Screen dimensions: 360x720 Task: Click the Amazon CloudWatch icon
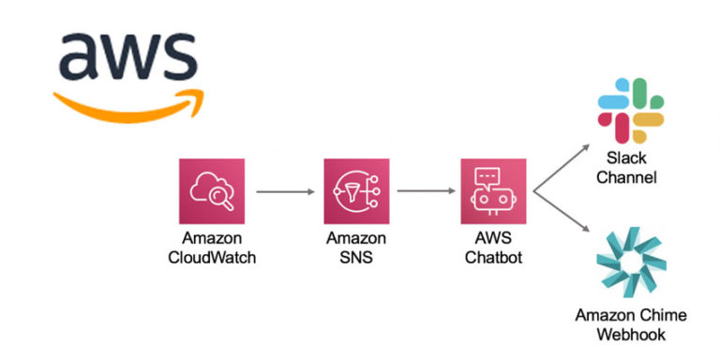tap(211, 191)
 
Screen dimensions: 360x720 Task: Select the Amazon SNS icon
tap(355, 191)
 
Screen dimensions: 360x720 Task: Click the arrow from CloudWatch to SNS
tap(283, 192)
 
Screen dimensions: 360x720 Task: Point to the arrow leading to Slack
tap(561, 167)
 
